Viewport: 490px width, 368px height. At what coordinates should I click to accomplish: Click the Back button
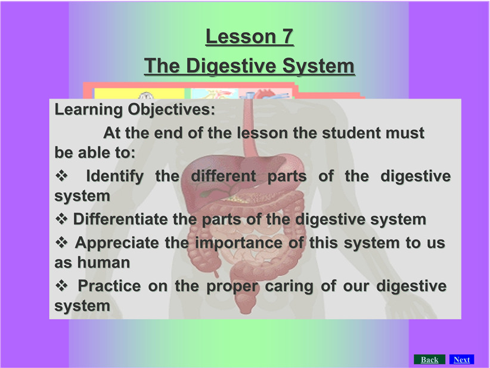(x=429, y=360)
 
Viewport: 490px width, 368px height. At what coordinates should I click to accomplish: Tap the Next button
(x=461, y=360)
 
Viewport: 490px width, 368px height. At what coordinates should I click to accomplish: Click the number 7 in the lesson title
(x=288, y=36)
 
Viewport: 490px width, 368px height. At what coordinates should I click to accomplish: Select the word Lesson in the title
(x=241, y=36)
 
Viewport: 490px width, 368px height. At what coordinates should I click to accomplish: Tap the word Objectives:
(x=171, y=109)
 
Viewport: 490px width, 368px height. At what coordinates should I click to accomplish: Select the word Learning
(x=88, y=109)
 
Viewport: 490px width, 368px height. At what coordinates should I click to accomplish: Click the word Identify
(x=114, y=176)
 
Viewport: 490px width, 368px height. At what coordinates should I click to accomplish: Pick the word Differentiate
(x=120, y=219)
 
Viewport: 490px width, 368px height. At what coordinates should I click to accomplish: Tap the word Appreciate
(x=117, y=243)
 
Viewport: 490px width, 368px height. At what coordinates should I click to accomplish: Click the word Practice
(x=109, y=286)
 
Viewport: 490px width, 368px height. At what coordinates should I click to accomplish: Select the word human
(x=104, y=262)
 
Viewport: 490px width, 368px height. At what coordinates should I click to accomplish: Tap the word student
(x=351, y=133)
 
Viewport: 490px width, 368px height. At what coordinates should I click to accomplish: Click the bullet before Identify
(x=61, y=176)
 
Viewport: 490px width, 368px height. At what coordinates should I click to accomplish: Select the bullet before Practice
(x=61, y=286)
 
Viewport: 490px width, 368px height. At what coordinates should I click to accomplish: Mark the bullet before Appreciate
(x=61, y=243)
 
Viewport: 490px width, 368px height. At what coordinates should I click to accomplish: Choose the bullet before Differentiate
(x=61, y=219)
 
